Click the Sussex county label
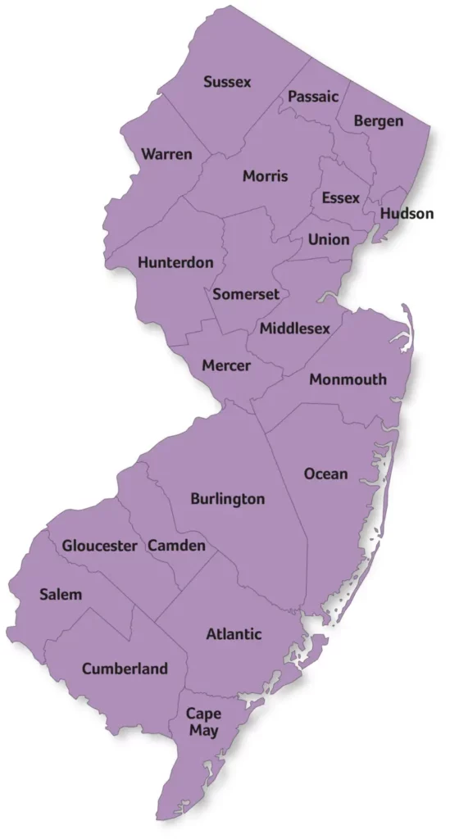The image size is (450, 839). (227, 82)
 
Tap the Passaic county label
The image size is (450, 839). (313, 97)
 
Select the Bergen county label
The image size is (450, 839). (379, 121)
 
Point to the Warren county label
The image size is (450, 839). (166, 154)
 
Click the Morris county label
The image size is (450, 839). (265, 176)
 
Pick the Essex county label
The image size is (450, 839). (340, 198)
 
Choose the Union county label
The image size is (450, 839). (329, 240)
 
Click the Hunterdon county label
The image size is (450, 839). (175, 263)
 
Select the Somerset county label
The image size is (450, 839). (246, 294)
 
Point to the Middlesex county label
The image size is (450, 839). (295, 329)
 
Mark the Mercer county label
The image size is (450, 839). (226, 365)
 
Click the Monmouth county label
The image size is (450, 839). (348, 379)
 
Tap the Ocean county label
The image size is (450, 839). (325, 474)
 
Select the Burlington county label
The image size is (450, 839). (227, 498)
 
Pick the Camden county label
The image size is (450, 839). (176, 546)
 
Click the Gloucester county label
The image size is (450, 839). (99, 546)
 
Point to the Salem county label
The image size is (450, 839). (61, 594)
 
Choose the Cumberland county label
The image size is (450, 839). (125, 669)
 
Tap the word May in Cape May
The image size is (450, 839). (203, 731)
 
